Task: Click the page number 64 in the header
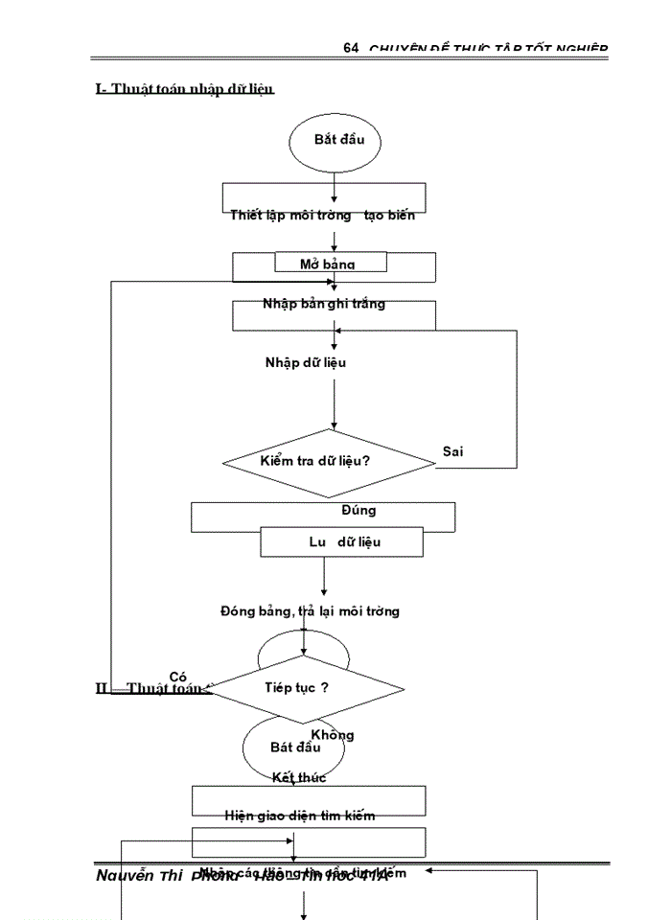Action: [x=350, y=48]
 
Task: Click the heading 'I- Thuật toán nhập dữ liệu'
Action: [x=185, y=89]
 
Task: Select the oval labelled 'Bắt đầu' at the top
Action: [x=335, y=141]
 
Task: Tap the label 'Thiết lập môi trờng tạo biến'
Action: [x=322, y=216]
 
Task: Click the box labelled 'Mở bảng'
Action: [x=330, y=264]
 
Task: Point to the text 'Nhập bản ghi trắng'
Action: [x=324, y=304]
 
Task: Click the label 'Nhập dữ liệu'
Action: [x=306, y=362]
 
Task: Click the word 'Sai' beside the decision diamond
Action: [x=452, y=451]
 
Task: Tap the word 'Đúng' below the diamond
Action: [x=359, y=510]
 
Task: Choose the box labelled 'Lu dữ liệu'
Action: [x=342, y=542]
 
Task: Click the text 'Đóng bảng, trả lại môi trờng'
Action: [x=310, y=610]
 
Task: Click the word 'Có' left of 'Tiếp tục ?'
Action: [x=177, y=677]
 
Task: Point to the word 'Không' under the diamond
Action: [x=333, y=735]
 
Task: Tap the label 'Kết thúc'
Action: [x=299, y=777]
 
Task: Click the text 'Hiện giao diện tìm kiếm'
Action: [x=299, y=816]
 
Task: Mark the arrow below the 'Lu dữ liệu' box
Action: [x=324, y=577]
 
